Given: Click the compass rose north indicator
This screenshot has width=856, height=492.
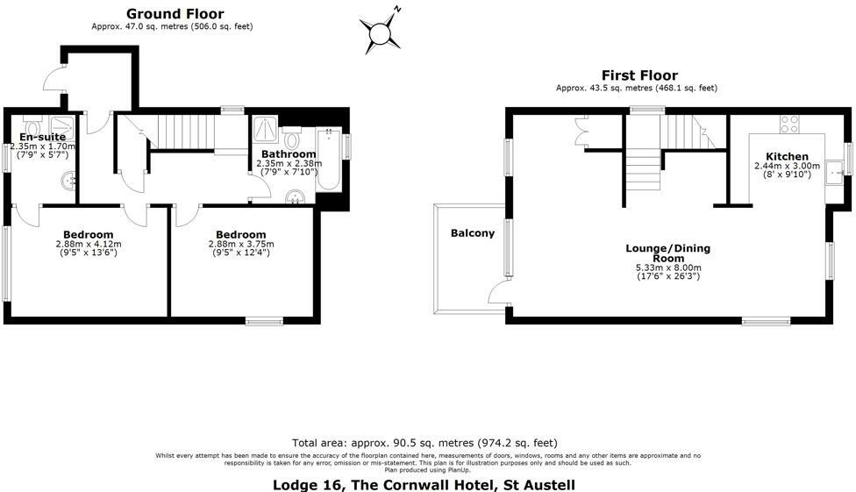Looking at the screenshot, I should [x=382, y=32].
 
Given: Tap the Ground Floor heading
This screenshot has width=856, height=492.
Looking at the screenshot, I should [x=175, y=14].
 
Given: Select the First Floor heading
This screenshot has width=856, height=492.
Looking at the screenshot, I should [x=638, y=75].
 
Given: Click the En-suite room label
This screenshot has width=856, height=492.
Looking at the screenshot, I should [x=39, y=136].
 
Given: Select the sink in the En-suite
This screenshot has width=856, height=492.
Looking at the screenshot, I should [x=69, y=180].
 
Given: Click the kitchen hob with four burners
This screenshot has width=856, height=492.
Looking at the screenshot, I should [x=788, y=124].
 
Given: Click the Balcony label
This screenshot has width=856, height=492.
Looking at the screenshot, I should [x=472, y=233].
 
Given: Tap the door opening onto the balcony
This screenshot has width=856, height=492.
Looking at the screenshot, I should [x=499, y=293].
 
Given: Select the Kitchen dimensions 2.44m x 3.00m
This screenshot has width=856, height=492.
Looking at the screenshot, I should [x=787, y=166].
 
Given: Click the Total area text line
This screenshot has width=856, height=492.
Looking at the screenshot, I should [x=424, y=443].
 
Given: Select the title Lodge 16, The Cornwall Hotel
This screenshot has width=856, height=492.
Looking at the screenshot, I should [x=424, y=484].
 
